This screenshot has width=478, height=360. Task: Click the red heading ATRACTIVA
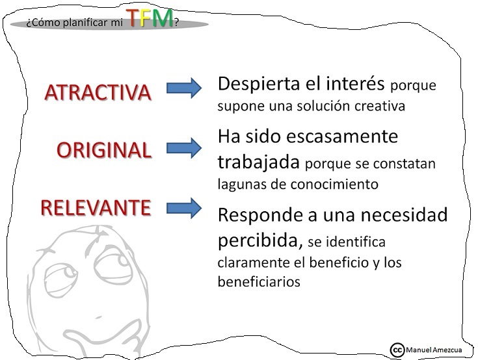(98, 92)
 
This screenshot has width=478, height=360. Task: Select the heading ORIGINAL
(104, 150)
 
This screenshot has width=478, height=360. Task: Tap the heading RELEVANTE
(96, 208)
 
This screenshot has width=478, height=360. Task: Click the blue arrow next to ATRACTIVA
(184, 89)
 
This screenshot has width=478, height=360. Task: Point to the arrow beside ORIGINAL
(184, 148)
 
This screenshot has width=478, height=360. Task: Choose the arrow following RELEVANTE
(184, 208)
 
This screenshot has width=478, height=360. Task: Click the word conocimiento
(341, 184)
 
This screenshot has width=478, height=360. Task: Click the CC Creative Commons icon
(397, 349)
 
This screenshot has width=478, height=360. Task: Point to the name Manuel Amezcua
(434, 350)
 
